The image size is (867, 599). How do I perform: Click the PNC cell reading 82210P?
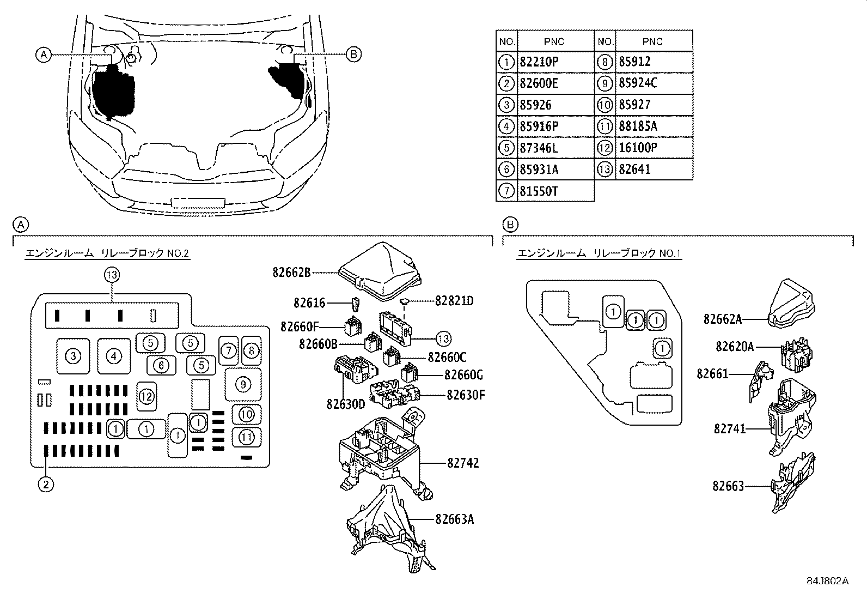point(539,62)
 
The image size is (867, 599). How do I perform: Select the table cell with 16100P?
point(638,148)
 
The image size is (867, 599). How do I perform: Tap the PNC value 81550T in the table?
point(539,191)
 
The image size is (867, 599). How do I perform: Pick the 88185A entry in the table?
point(638,126)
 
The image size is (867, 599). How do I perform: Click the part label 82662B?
point(291,272)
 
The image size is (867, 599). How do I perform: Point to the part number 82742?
point(463,463)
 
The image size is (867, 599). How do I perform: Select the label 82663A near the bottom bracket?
point(454,519)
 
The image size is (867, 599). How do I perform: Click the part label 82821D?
point(454,300)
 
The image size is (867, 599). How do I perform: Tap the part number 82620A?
point(735,347)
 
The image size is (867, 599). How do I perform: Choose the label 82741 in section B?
point(729,429)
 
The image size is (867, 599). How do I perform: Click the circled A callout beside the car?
point(43,54)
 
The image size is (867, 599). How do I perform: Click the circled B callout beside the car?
point(353,54)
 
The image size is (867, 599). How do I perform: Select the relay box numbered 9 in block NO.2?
point(243,384)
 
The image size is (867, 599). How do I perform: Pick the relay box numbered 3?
point(72,356)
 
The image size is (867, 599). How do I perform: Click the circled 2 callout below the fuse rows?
point(46,483)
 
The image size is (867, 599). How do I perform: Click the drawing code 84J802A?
point(828,580)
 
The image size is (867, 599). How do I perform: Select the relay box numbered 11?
point(247,437)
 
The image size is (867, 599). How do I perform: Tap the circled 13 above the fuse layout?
point(112,275)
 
